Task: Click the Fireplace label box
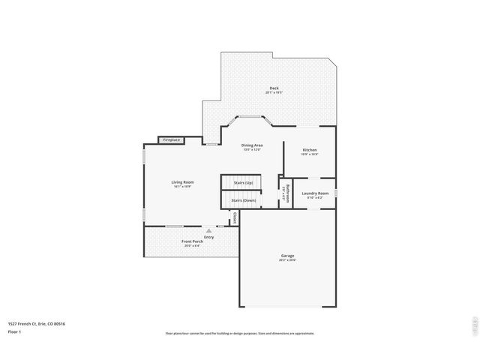point(172,140)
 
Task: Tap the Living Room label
point(182,182)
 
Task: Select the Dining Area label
point(251,145)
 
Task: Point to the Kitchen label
point(310,150)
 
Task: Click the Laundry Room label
point(315,193)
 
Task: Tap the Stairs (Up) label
point(244,183)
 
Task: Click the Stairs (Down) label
point(244,200)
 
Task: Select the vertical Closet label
point(235,217)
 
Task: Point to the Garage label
point(287,256)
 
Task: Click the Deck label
point(274,88)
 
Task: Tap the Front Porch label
point(192,241)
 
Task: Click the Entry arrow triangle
point(199,231)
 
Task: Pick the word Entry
point(199,236)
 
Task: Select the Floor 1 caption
point(14,331)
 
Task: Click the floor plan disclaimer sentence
point(239,334)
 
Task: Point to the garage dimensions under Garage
point(287,260)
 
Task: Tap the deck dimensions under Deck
point(274,93)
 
